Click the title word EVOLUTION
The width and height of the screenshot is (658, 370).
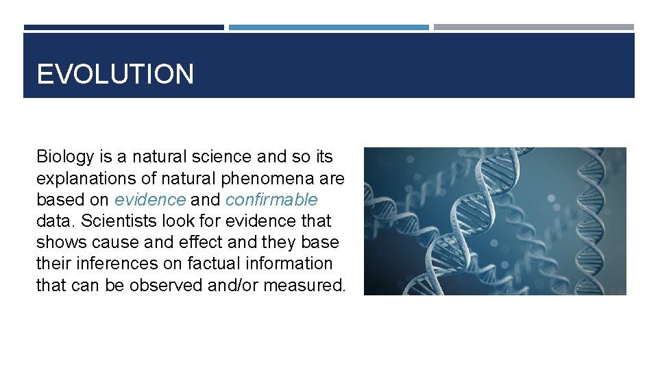(115, 74)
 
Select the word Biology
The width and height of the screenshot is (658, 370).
(64, 158)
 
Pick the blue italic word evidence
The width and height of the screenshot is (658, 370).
(150, 200)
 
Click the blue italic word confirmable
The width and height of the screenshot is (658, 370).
(271, 200)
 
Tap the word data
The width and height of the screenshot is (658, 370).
(52, 221)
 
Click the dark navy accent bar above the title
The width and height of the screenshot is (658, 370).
(123, 27)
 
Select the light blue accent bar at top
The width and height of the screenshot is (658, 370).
(328, 27)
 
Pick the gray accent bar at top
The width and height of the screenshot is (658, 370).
(533, 27)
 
